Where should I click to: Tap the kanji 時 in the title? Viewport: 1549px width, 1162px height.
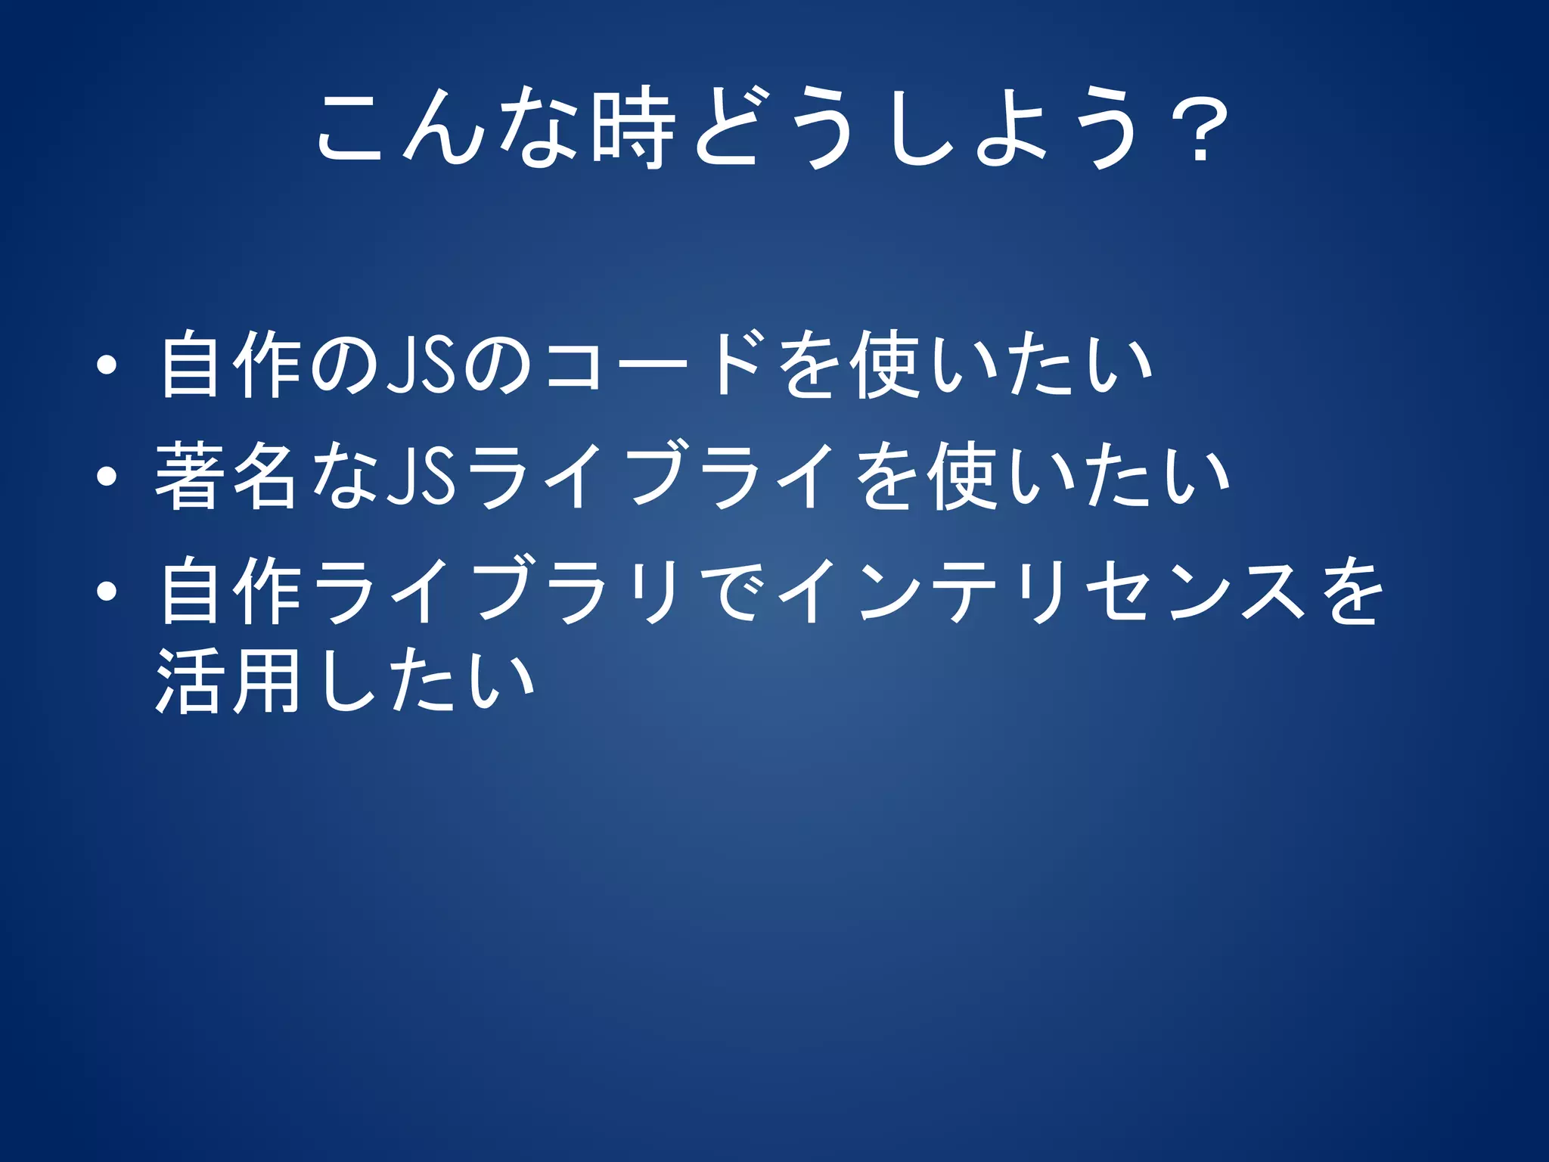click(x=633, y=129)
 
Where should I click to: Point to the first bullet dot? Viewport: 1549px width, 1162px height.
click(x=107, y=366)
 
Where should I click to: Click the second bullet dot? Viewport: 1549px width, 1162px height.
click(x=107, y=477)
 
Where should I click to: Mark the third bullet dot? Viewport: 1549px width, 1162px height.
click(x=107, y=591)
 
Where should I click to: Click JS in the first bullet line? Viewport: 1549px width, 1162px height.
click(x=421, y=366)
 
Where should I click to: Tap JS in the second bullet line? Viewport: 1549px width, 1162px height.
click(x=421, y=477)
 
